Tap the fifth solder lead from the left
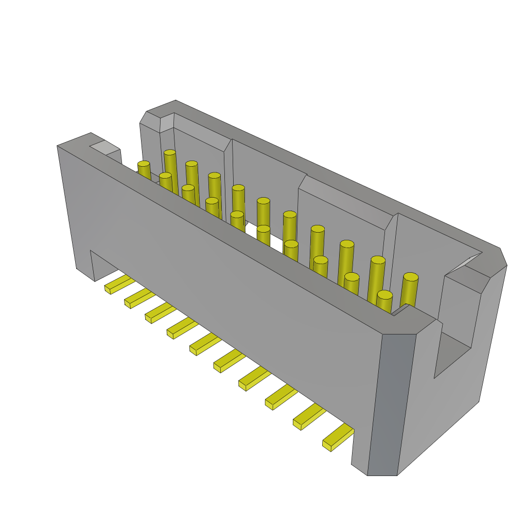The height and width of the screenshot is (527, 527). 205,343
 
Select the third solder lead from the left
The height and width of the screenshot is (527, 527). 160,312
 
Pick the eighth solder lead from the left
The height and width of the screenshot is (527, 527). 281,397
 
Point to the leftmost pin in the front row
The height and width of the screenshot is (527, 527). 144,170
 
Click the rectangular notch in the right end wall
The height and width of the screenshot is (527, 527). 453,355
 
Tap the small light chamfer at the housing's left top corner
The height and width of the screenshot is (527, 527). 105,147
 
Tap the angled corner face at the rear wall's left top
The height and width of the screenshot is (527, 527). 150,120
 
